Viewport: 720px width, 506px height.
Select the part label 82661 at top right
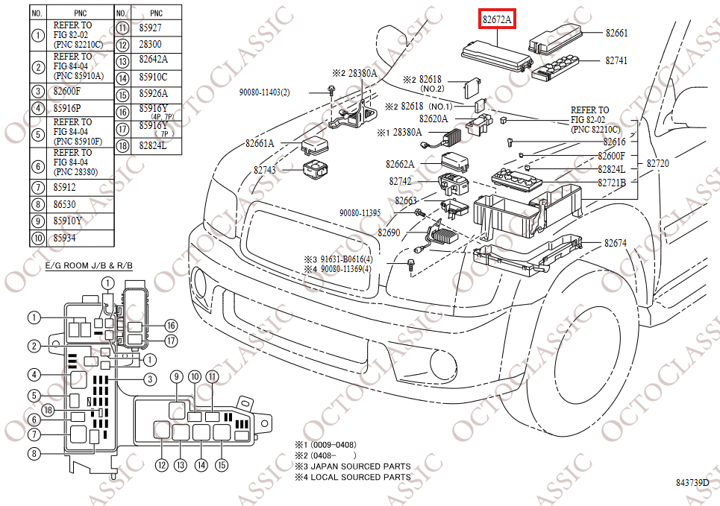coord(616,33)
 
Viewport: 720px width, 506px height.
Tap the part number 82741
coord(616,60)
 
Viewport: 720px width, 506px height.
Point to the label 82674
coord(616,243)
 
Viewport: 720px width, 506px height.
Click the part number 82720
coord(657,162)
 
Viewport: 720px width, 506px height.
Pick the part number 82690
coord(389,233)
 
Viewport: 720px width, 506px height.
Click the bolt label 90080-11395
coord(360,212)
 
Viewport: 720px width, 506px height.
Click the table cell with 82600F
coord(66,92)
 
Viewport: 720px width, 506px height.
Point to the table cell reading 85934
coord(64,238)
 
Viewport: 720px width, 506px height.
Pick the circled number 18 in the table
coord(122,145)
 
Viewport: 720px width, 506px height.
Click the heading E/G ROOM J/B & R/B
coord(78,265)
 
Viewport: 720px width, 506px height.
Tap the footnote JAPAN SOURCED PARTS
coord(357,467)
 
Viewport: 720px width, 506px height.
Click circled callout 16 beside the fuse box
coord(171,325)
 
